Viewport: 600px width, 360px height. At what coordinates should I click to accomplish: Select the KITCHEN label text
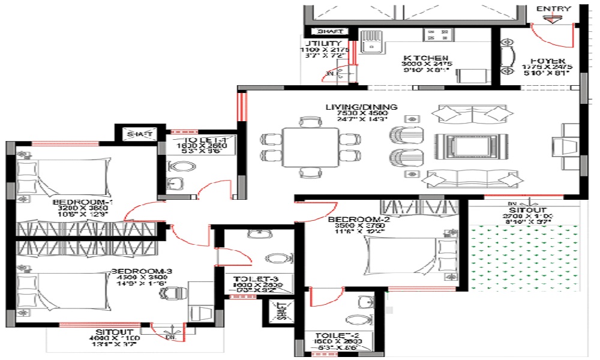tap(427, 57)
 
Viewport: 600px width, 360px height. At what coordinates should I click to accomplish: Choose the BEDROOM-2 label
tap(356, 220)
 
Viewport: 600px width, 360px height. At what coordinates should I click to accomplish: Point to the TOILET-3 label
tap(254, 279)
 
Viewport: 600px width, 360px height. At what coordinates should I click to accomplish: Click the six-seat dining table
tap(310, 147)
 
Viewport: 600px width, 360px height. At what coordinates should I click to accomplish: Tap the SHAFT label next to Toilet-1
tap(139, 134)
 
